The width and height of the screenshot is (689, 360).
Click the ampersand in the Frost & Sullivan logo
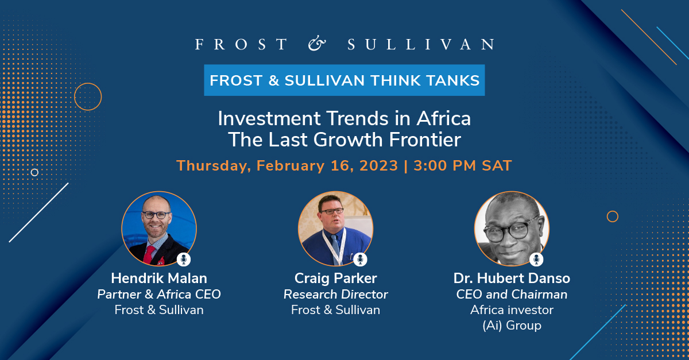[317, 44]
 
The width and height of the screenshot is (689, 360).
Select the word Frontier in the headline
[425, 140]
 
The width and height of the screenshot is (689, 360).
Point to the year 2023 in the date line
[378, 165]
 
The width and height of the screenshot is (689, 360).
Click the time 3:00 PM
[445, 165]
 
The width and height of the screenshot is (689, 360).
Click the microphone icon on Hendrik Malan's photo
[184, 260]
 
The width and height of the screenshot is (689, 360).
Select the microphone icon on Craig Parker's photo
[360, 260]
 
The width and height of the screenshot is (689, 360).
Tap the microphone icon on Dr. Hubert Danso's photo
[536, 260]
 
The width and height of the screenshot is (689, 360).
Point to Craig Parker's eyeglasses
[332, 211]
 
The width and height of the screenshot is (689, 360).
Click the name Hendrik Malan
[159, 278]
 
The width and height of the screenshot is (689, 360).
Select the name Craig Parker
[335, 279]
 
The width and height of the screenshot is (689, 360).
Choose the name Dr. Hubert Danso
[512, 278]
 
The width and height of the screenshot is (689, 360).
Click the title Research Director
[335, 295]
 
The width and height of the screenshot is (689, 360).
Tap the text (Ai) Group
[512, 326]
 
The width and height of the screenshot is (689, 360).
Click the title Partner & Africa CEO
[159, 295]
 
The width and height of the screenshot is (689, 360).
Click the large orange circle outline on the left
[88, 83]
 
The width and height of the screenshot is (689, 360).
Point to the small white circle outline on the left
[35, 169]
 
